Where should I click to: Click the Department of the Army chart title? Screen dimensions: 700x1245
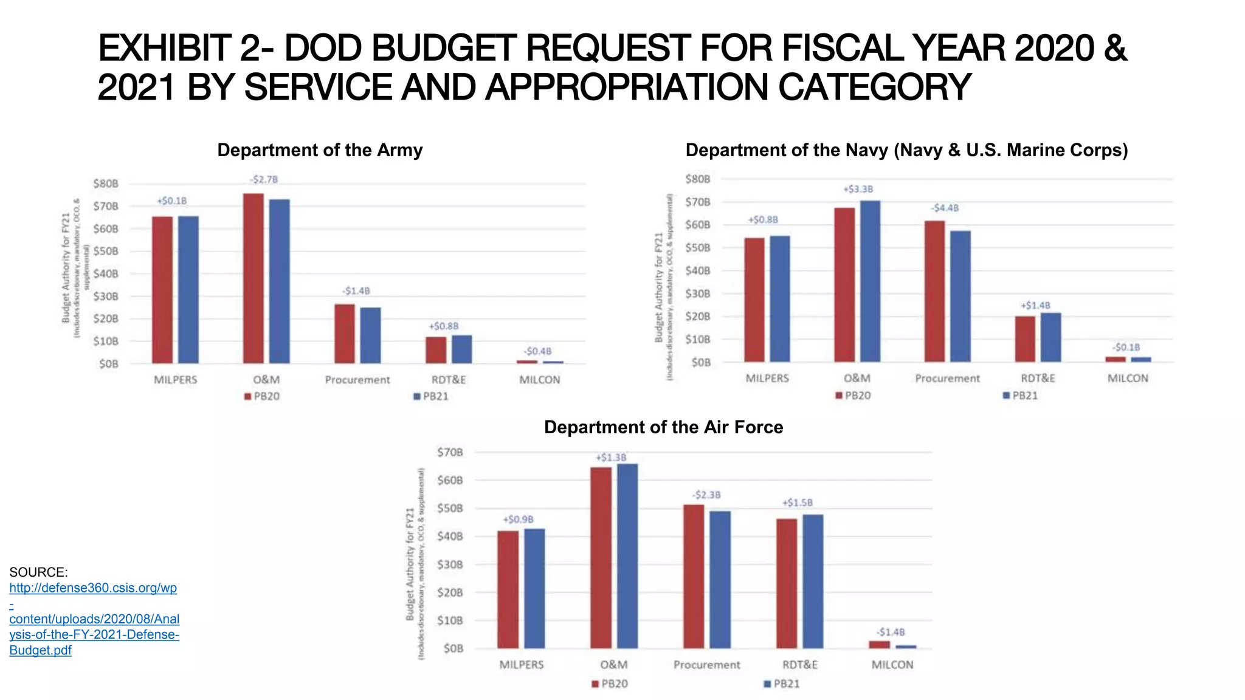point(320,150)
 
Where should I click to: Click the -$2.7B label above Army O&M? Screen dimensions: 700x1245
point(264,179)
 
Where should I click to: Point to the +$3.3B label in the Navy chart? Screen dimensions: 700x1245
point(858,189)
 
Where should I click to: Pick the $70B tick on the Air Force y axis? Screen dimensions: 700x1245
point(450,452)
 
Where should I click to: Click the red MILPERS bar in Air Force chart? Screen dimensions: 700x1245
point(508,589)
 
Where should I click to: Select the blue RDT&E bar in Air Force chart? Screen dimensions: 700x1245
point(813,581)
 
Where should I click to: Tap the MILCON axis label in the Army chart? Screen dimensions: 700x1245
point(539,380)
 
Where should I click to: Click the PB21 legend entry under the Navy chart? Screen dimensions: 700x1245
point(1021,396)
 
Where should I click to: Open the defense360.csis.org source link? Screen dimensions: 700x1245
point(94,619)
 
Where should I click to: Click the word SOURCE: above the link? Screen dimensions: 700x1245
point(38,572)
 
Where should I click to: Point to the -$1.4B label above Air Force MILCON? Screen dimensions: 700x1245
point(891,632)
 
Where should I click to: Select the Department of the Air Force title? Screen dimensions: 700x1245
point(663,427)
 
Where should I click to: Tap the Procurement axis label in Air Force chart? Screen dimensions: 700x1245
point(706,665)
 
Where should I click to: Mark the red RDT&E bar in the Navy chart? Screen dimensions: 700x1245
point(1025,338)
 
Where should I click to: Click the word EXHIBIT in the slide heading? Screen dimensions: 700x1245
point(164,48)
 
